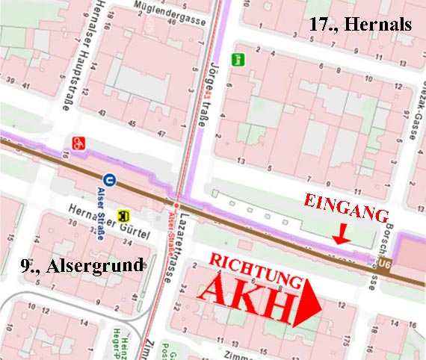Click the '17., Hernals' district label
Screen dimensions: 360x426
[x=360, y=24]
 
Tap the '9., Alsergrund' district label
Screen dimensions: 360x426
[x=71, y=264]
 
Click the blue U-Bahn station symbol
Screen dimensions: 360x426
[x=110, y=179]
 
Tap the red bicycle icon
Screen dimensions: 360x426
[x=78, y=142]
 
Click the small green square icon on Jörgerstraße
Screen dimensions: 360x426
[x=238, y=59]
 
